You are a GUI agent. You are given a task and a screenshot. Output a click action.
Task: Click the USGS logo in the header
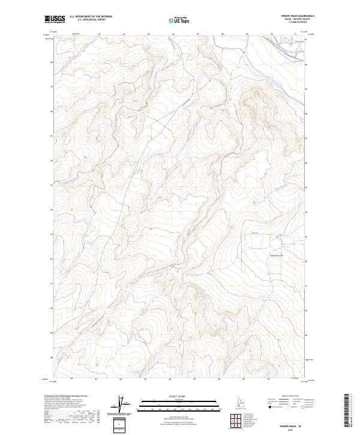pos(55,19)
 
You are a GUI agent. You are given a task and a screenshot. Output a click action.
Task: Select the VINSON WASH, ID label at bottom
pos(284,424)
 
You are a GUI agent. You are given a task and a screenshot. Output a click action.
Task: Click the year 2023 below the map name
pos(284,428)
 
